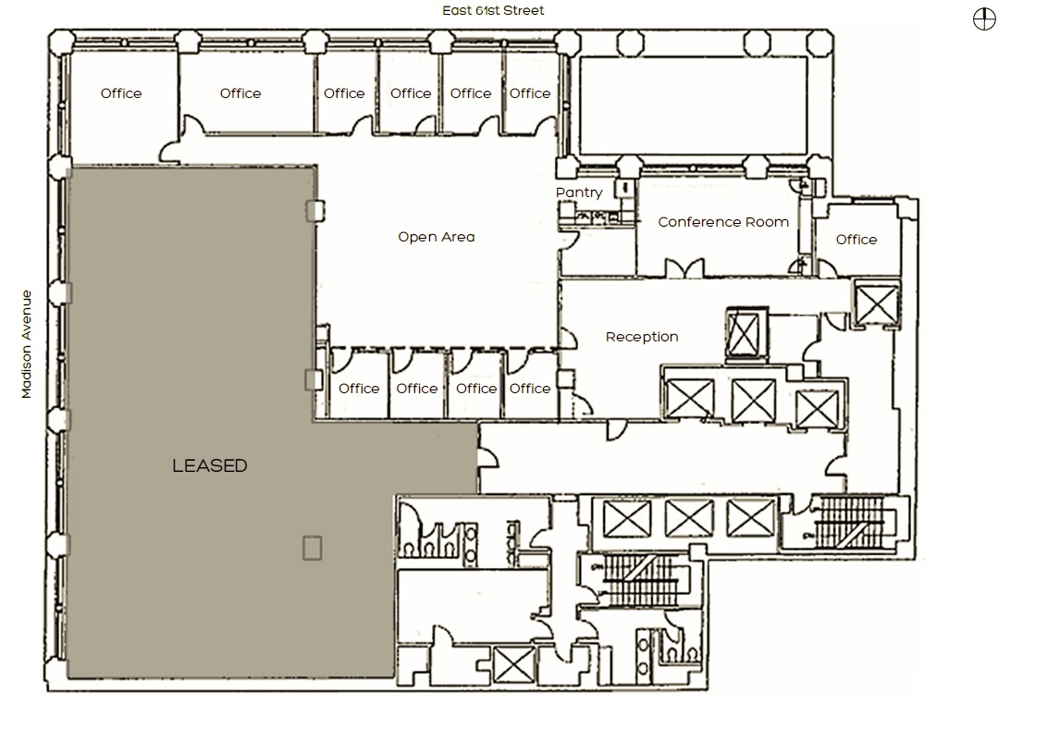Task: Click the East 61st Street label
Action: [x=493, y=10]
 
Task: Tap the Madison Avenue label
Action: [x=27, y=344]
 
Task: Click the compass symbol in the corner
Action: [x=984, y=19]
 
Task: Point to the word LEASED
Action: [x=210, y=465]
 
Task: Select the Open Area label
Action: [x=436, y=237]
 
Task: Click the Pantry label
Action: [x=579, y=192]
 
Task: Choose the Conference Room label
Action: [x=723, y=222]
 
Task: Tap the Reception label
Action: [x=642, y=337]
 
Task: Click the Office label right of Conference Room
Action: [x=856, y=240]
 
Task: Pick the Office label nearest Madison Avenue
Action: [x=121, y=93]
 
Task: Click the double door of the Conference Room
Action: [x=684, y=267]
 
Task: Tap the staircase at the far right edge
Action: [x=849, y=523]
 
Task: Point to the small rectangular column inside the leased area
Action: [x=312, y=548]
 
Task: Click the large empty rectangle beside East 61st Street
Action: [x=693, y=105]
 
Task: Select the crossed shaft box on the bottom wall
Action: [x=513, y=665]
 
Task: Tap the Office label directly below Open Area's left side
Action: [x=358, y=389]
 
